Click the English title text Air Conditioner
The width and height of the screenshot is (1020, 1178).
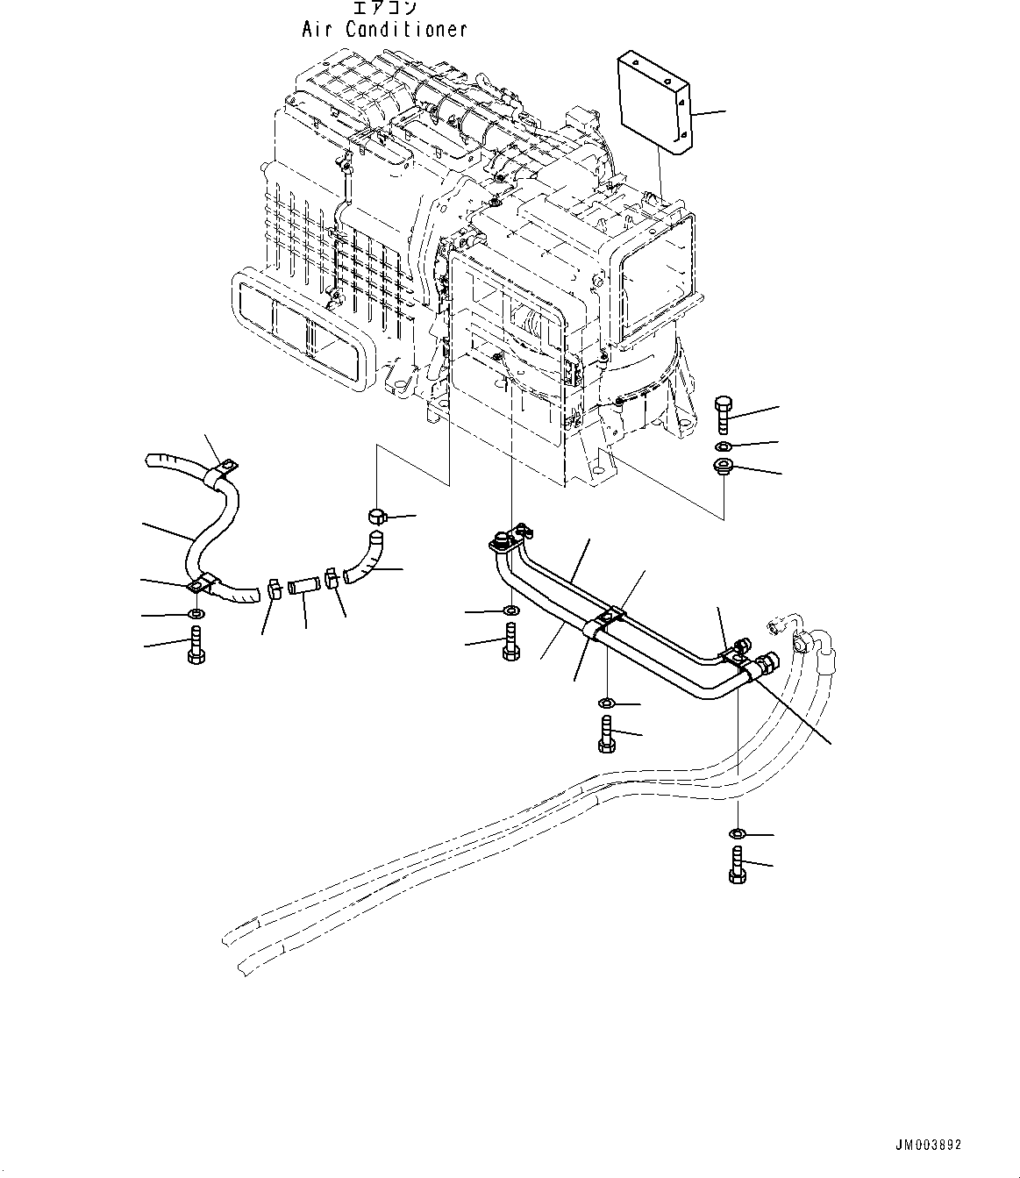coord(384,29)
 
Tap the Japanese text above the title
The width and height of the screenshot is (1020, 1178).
coord(384,9)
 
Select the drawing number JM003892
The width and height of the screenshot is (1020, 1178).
coord(928,1145)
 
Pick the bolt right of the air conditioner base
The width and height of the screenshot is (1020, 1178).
coord(723,415)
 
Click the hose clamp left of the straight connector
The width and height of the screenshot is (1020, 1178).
coord(272,589)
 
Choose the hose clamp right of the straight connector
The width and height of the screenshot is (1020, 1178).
coord(333,581)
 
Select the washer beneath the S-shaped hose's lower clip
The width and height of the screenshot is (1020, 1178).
coord(195,613)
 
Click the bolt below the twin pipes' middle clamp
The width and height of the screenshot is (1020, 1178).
coord(605,732)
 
